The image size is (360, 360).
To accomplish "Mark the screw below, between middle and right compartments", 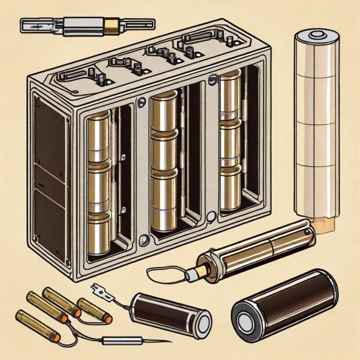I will point(210,216).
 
